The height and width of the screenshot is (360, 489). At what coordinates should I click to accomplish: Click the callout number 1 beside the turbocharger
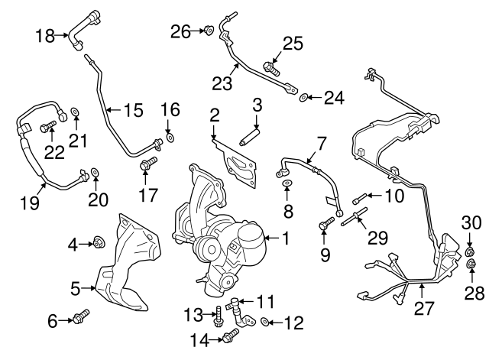[284, 239]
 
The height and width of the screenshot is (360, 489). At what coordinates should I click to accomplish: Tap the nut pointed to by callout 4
[99, 244]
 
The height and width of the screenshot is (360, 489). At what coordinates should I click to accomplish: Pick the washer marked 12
[264, 322]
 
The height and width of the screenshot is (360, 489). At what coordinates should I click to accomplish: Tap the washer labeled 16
[170, 138]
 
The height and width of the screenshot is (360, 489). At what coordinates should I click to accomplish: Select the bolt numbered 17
[148, 163]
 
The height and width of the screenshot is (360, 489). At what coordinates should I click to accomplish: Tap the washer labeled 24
[304, 97]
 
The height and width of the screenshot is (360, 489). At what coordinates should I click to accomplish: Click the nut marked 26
[208, 31]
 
